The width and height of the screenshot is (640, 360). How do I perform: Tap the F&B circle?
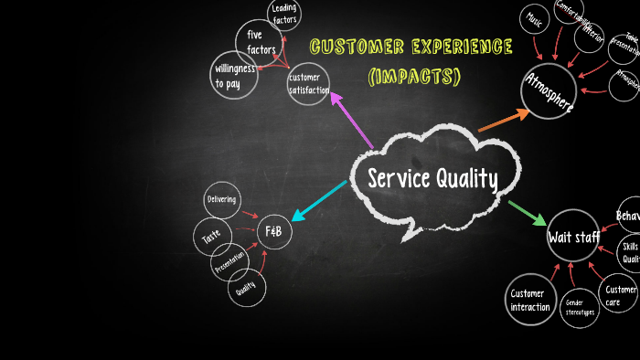coord(273,232)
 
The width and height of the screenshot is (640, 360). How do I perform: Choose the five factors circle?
coord(261,42)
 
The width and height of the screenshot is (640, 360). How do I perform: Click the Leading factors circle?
coord(285,14)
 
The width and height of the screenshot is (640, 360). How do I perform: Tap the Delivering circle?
coord(222,199)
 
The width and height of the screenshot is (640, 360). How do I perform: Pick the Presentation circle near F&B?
coord(229,264)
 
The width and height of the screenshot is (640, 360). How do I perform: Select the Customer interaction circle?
coord(530,299)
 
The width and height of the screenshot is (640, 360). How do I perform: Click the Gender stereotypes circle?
coord(580,307)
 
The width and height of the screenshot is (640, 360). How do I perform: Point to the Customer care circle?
coord(620,294)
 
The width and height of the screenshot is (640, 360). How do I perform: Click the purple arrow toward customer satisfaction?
coord(351,119)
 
